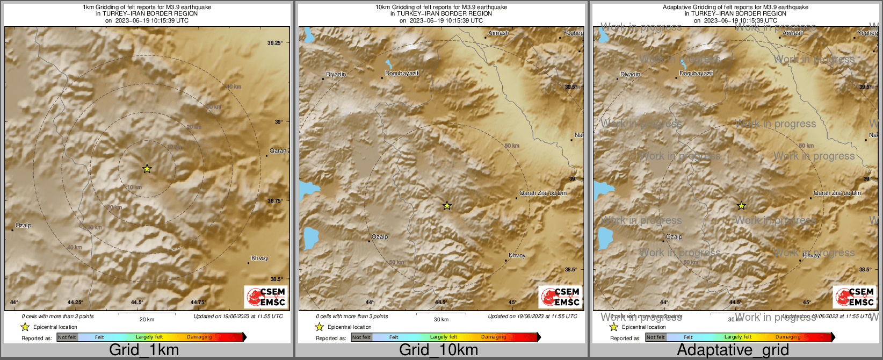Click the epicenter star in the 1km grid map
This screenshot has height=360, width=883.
[147, 169]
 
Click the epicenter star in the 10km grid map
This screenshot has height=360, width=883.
[447, 206]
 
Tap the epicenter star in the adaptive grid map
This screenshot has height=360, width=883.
[741, 206]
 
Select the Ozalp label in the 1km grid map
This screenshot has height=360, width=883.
[23, 226]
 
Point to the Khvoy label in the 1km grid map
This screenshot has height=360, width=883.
[259, 258]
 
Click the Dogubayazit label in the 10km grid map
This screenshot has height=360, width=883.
[402, 73]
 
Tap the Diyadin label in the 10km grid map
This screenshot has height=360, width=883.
[336, 74]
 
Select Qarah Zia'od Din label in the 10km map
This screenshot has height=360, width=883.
[542, 193]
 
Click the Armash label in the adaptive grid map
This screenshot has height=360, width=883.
[793, 33]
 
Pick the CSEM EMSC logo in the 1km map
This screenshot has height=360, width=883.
[265, 297]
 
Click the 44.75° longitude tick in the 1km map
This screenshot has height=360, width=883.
[198, 303]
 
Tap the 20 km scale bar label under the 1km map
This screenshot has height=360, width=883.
[147, 320]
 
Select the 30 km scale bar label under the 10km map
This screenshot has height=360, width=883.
[441, 320]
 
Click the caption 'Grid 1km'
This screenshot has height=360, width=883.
[144, 350]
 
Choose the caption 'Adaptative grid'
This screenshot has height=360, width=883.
[733, 350]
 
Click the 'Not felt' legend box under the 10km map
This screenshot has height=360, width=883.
[361, 337]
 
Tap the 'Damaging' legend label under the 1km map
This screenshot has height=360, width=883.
[199, 337]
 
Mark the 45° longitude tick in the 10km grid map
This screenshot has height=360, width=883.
[512, 303]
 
